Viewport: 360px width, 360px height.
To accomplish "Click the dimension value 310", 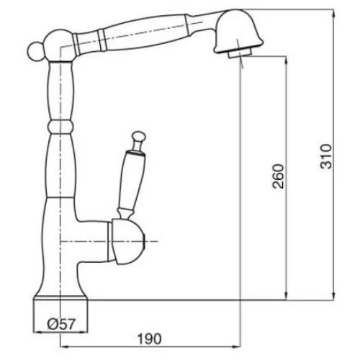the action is [x=326, y=156].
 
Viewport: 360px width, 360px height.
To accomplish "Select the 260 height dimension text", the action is [x=278, y=176].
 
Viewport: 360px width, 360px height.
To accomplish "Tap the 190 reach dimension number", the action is [x=149, y=339].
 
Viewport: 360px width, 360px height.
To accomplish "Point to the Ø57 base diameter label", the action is [x=61, y=324].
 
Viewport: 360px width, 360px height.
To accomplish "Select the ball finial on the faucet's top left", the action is [x=35, y=51].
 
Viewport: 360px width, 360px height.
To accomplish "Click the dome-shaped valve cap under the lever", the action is [x=127, y=241].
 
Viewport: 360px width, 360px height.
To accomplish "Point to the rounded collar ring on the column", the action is [x=60, y=127].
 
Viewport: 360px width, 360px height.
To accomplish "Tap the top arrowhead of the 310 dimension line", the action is [x=334, y=13].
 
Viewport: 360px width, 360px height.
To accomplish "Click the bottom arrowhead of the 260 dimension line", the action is [x=286, y=296].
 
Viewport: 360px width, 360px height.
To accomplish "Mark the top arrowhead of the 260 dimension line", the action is [x=286, y=60].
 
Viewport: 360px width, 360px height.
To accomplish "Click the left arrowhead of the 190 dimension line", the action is [x=63, y=346].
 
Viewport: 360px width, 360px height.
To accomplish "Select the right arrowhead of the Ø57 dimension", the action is [x=84, y=333].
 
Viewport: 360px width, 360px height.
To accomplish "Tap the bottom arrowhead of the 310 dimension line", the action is [x=334, y=296].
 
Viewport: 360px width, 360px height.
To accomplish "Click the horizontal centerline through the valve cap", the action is [x=109, y=241].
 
